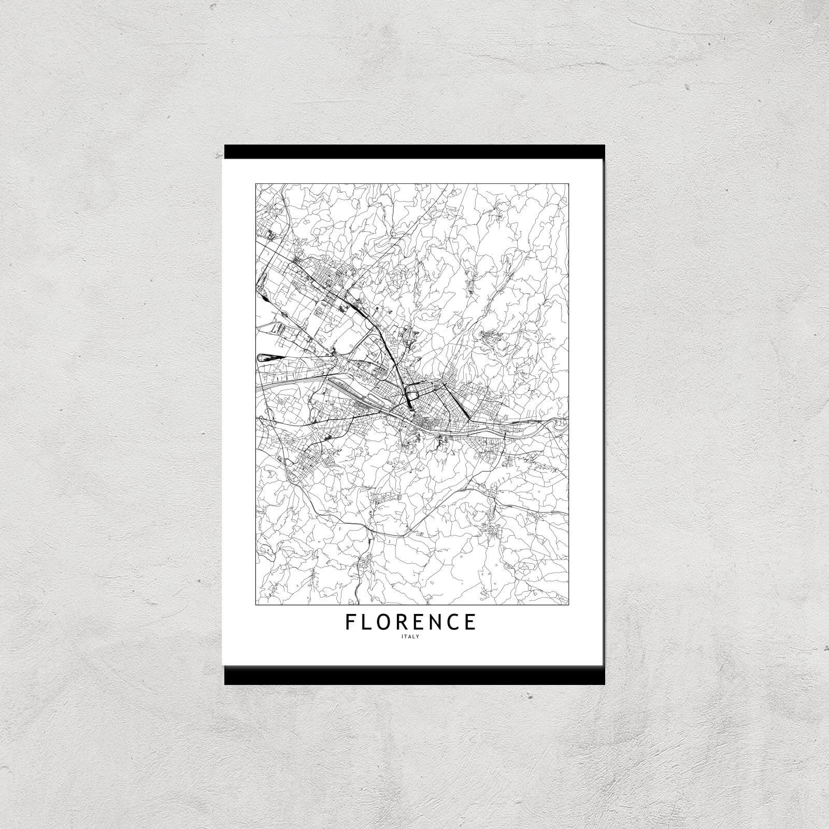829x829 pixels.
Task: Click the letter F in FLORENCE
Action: [x=351, y=622]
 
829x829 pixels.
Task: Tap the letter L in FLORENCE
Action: [x=366, y=622]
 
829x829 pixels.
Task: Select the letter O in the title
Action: [x=384, y=622]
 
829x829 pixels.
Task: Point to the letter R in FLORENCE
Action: [x=403, y=622]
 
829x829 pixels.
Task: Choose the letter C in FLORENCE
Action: [x=453, y=622]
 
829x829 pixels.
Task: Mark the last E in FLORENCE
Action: [x=470, y=622]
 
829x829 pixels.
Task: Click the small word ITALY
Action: [x=410, y=637]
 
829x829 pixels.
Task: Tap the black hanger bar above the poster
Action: [x=414, y=151]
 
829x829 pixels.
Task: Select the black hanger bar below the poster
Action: [x=414, y=676]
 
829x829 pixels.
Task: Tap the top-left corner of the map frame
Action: [x=256, y=183]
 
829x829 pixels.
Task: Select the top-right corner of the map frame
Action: [x=568, y=183]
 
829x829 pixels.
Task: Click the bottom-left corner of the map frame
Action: [x=256, y=604]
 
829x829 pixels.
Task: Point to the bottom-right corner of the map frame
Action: [x=568, y=604]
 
